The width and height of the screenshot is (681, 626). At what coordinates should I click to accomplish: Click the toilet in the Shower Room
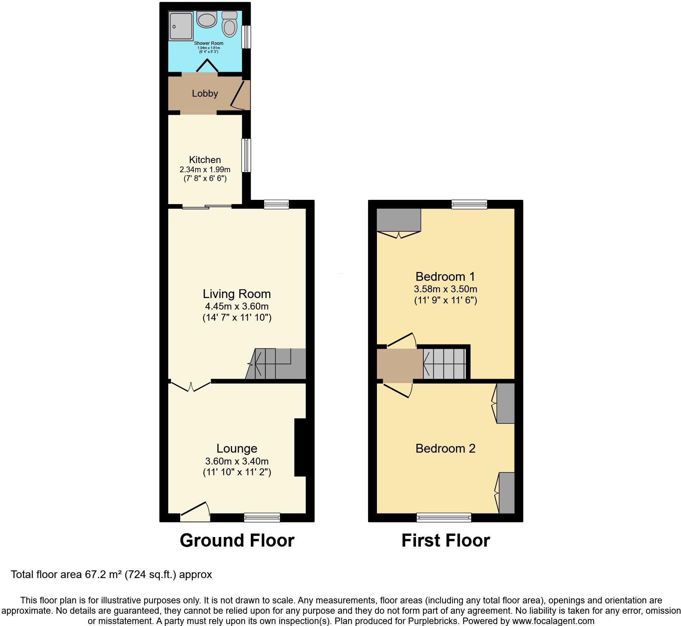click(230, 26)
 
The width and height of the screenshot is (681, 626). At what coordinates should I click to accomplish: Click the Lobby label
click(205, 94)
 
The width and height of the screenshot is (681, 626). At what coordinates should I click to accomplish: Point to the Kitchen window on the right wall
click(246, 155)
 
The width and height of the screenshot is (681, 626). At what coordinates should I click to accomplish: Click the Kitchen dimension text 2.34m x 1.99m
click(205, 170)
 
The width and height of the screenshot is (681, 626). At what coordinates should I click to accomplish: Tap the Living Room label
click(237, 294)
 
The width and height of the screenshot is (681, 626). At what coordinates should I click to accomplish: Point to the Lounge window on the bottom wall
click(262, 518)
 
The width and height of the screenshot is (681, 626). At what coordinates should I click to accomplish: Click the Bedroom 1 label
click(445, 277)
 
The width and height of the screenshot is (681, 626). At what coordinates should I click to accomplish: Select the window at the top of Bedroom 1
click(469, 204)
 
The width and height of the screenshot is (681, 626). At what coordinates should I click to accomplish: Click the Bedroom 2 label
click(445, 448)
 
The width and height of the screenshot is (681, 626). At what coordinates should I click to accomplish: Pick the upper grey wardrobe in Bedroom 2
click(505, 403)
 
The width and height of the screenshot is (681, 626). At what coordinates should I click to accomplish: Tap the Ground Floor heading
click(237, 540)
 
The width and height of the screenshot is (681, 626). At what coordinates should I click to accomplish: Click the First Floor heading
click(446, 540)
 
